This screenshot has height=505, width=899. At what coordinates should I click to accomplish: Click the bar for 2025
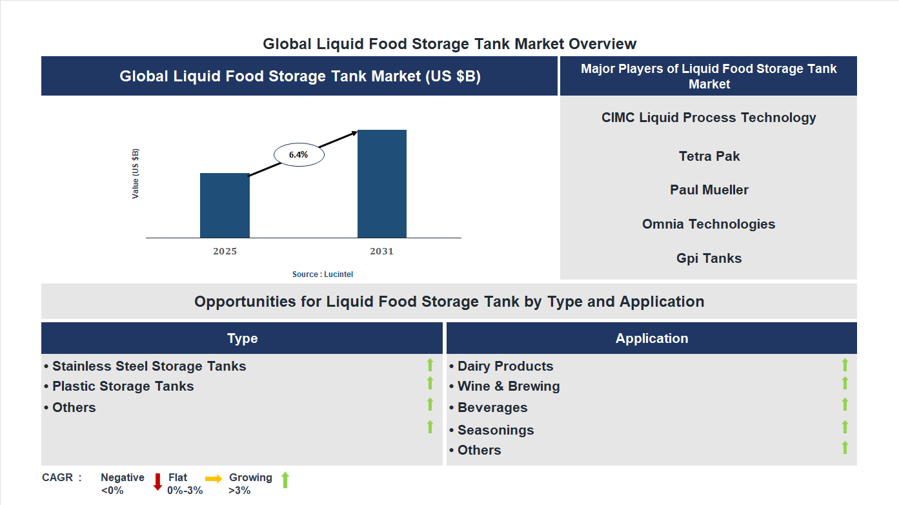point(225,205)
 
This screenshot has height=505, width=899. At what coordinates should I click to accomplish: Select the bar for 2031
point(382,184)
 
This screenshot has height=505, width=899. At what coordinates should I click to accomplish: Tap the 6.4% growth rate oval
point(299,155)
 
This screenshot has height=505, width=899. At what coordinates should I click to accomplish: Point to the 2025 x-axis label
point(225,251)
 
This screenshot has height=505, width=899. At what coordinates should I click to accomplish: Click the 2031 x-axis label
point(381,251)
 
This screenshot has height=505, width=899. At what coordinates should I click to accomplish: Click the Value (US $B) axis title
point(136,174)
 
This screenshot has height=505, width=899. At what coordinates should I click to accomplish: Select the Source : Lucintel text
point(323,274)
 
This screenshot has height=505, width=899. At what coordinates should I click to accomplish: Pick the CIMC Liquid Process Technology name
point(709,118)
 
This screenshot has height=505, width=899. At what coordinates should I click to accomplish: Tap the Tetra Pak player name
point(709,156)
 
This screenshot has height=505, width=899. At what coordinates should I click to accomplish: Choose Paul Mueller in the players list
point(709,190)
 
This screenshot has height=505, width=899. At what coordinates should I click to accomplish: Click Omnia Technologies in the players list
point(709,224)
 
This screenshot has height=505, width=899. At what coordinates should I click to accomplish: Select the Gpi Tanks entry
point(709,258)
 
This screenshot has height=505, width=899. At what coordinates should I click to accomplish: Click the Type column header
point(242,338)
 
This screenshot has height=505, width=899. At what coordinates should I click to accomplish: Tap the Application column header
point(652,338)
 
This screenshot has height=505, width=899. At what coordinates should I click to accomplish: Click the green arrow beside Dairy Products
point(845,365)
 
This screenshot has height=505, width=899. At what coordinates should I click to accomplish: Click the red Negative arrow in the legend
point(157,482)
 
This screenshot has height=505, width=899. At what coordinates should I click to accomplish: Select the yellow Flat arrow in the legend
point(214,479)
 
